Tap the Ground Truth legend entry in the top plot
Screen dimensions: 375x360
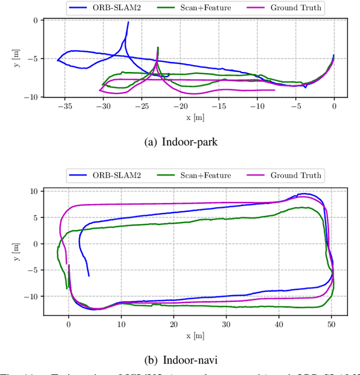click(285, 8)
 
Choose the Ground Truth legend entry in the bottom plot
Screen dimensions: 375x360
click(285, 175)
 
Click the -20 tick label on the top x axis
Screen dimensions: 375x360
click(180, 106)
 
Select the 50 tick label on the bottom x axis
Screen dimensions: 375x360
click(331, 324)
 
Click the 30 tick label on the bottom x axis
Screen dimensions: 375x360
click(226, 324)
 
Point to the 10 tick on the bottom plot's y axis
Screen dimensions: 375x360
click(34, 192)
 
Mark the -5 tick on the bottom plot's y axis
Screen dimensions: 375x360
click(33, 270)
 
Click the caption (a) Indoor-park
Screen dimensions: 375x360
click(179, 141)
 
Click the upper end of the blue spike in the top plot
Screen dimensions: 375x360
click(128, 22)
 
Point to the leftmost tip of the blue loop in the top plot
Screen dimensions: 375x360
click(57, 60)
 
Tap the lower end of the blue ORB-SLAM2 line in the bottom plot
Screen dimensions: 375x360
click(89, 276)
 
